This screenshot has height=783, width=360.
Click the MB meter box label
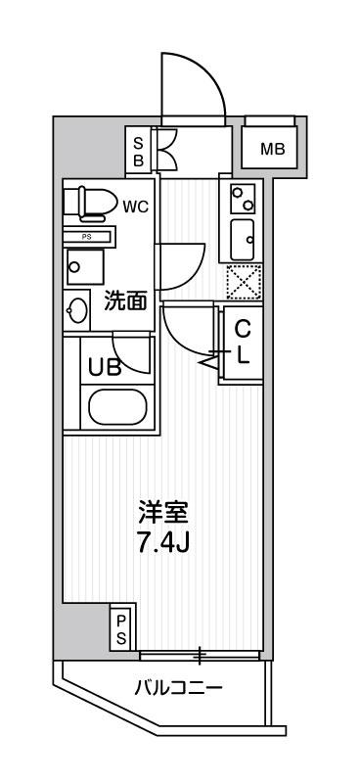click(x=273, y=149)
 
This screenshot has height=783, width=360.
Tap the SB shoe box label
click(x=138, y=151)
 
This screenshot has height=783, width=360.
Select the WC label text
click(x=135, y=207)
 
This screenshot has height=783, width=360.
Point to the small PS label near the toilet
click(x=87, y=236)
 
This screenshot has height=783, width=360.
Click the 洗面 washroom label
click(x=125, y=300)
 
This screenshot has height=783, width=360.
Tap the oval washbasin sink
click(x=77, y=311)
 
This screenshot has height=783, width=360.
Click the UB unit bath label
click(x=100, y=368)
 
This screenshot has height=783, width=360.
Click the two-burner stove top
click(x=241, y=199)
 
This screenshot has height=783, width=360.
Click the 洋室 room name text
click(x=162, y=511)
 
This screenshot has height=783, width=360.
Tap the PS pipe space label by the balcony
click(x=122, y=628)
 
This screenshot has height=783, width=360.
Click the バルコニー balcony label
click(x=178, y=688)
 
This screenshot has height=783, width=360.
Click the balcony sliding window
click(x=201, y=654)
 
